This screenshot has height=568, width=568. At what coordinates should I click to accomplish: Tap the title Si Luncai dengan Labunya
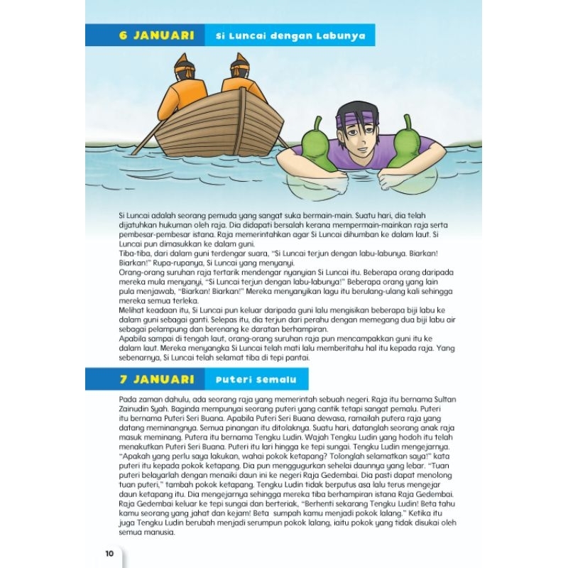290,35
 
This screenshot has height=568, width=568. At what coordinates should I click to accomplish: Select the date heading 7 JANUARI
147,380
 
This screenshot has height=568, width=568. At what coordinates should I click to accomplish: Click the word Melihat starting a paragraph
131,310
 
